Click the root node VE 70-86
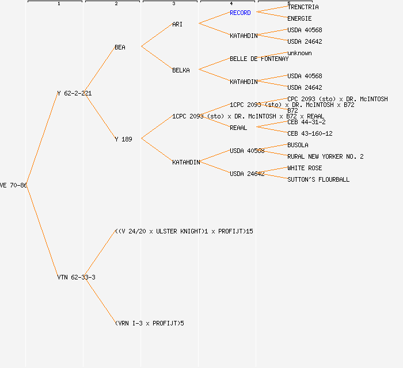[x=13, y=185]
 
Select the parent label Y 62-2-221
[x=74, y=93]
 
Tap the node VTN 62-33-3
[x=76, y=277]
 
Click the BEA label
[x=120, y=47]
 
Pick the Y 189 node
[x=123, y=139]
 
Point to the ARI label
[x=177, y=24]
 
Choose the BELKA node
[x=181, y=70]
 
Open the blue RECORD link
[x=240, y=13]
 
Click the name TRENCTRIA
[x=303, y=7]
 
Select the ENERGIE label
[x=299, y=18]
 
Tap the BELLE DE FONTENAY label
[x=259, y=59]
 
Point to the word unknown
[x=299, y=53]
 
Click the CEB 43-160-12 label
[x=310, y=133]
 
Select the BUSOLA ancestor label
[x=298, y=145]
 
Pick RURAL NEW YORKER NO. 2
[x=325, y=156]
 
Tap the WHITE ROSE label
[x=305, y=168]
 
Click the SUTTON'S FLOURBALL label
[x=318, y=179]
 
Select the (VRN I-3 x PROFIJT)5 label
[x=149, y=323]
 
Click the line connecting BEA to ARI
[x=157, y=35]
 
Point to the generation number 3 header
[x=173, y=4]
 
